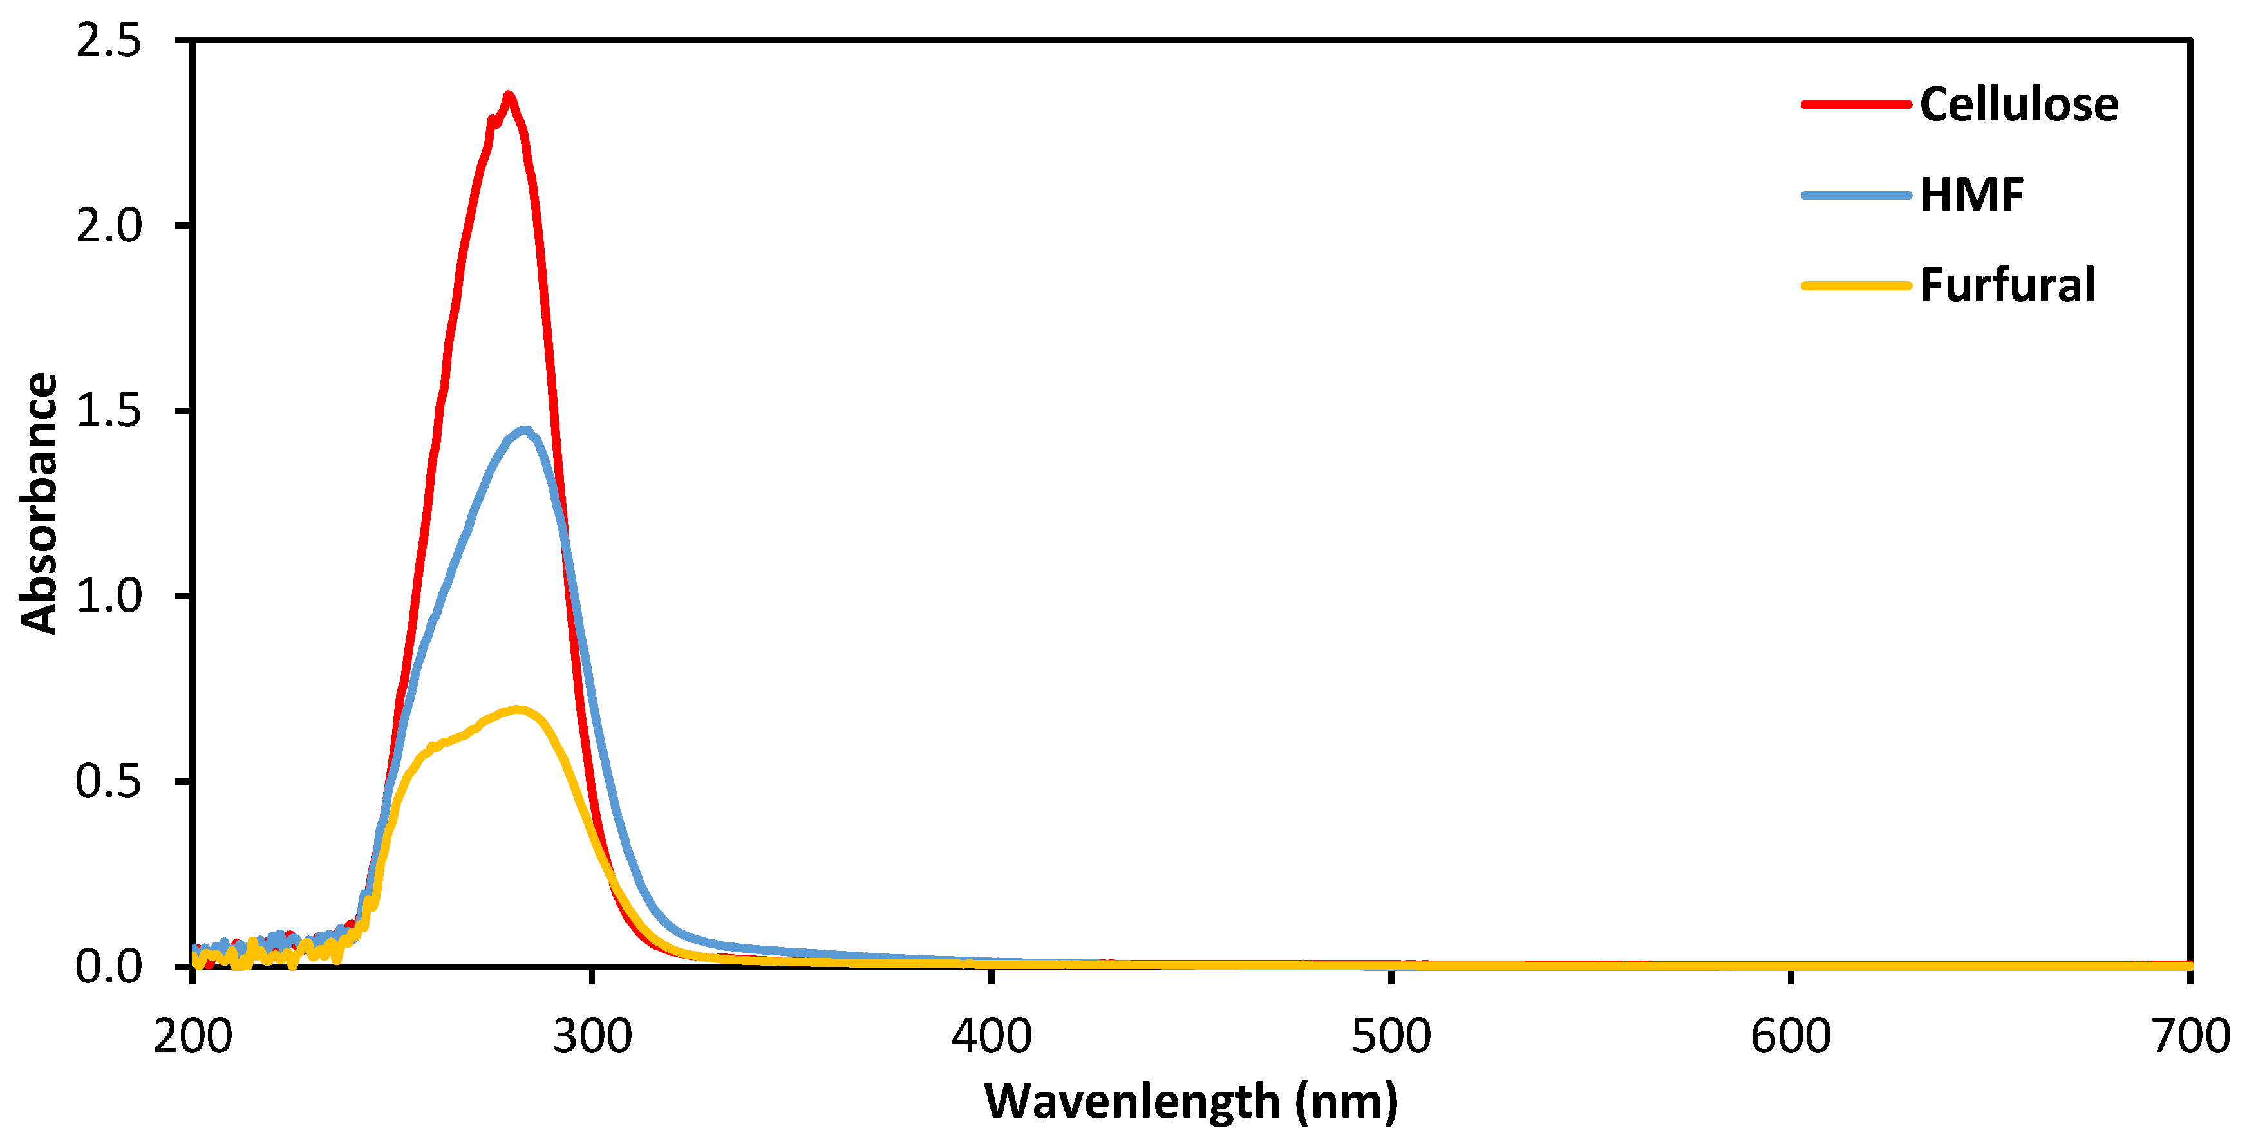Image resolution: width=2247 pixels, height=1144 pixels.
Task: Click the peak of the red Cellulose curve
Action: [509, 96]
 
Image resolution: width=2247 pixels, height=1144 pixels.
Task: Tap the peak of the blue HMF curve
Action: [525, 430]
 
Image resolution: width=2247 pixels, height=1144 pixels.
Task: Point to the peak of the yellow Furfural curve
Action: [518, 709]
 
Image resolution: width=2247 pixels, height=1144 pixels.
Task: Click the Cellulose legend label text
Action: [2018, 105]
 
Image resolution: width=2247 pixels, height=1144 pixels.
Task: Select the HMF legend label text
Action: [1971, 195]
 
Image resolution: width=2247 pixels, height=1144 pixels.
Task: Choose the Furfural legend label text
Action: [2007, 285]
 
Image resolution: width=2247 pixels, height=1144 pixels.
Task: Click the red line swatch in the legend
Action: [1856, 105]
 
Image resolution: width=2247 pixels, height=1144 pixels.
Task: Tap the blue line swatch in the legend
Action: [1856, 195]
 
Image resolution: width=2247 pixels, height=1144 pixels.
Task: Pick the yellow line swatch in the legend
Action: [1856, 285]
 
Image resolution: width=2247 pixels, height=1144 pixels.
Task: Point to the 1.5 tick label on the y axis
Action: [108, 411]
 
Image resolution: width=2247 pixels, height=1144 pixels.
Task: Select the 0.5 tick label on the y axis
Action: [108, 782]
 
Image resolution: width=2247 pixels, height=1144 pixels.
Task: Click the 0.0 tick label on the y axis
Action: [108, 966]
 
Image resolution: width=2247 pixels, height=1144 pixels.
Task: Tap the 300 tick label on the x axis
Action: [592, 1036]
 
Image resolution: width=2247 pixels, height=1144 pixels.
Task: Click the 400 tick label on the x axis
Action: [992, 1036]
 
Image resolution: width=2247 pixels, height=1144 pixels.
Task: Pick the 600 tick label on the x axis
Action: [1791, 1036]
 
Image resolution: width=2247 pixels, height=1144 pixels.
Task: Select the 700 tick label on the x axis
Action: [2190, 1036]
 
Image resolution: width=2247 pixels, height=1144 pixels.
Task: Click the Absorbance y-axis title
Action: [39, 503]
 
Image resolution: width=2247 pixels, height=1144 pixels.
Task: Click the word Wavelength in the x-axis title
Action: [1131, 1102]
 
